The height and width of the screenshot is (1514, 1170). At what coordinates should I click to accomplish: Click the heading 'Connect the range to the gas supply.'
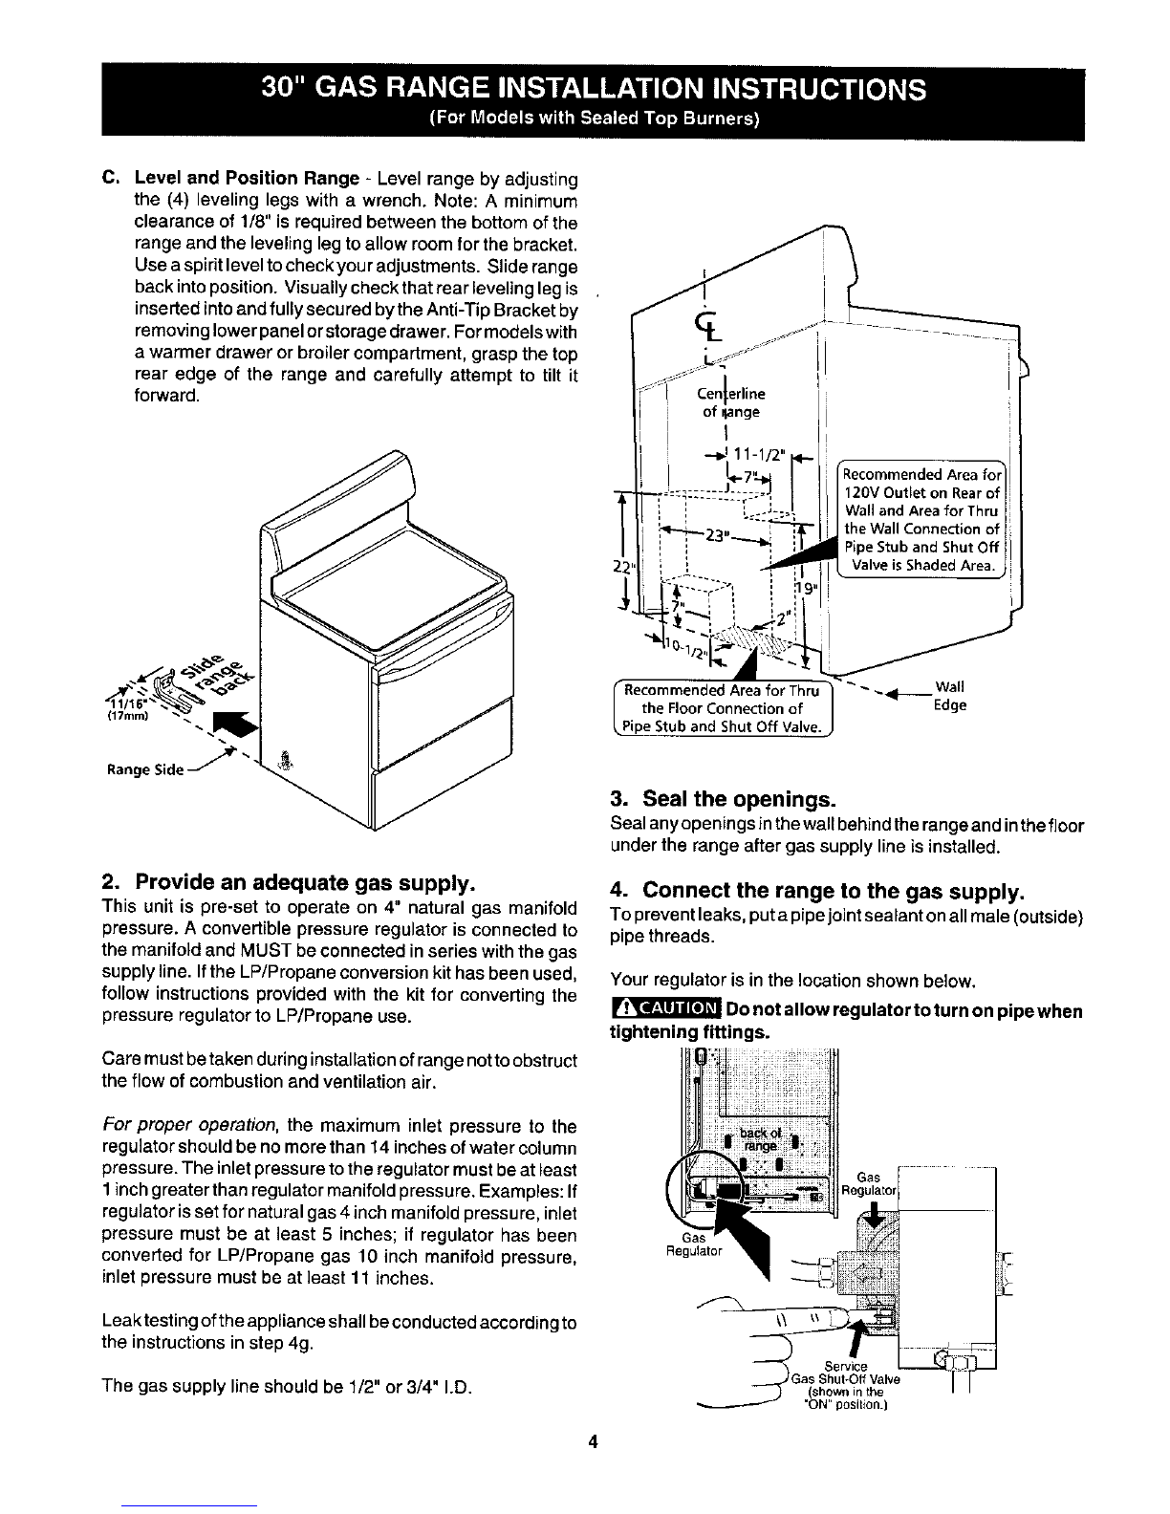(817, 892)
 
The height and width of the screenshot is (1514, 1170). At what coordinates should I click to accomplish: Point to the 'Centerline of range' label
(734, 402)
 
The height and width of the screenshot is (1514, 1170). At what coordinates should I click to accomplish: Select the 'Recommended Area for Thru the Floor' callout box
(723, 708)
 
